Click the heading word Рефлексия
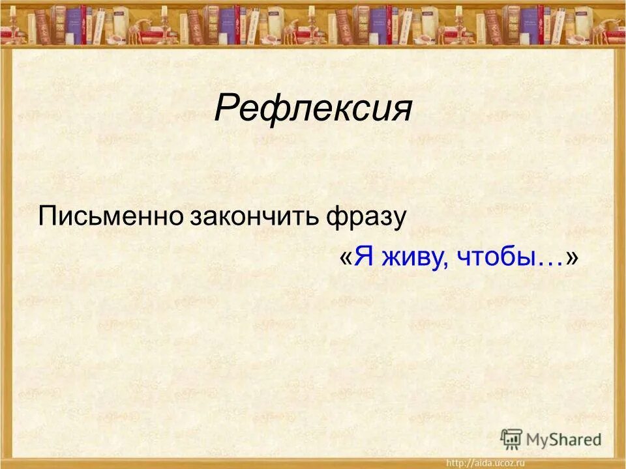pyautogui.click(x=313, y=108)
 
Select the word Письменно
pyautogui.click(x=111, y=216)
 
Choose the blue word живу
pyautogui.click(x=408, y=258)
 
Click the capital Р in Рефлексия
pyautogui.click(x=226, y=108)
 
